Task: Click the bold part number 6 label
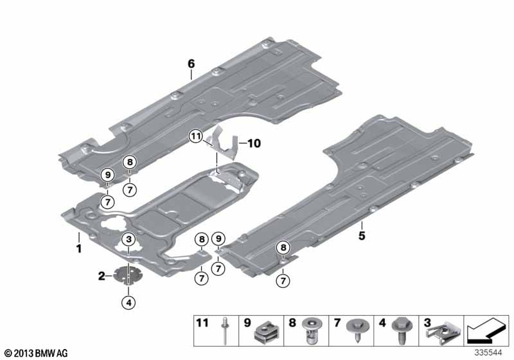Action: click(x=191, y=64)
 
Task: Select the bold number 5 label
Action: click(x=362, y=235)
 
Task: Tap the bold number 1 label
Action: click(x=78, y=248)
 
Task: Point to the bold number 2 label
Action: click(x=102, y=276)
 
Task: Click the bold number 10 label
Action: click(x=254, y=143)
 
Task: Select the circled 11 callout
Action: click(x=196, y=136)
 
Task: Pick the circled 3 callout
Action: click(x=128, y=239)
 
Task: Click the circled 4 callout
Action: click(x=128, y=303)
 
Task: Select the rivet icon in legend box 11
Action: click(x=224, y=330)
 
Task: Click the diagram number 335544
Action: click(x=488, y=352)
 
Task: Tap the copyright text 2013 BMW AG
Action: click(x=37, y=353)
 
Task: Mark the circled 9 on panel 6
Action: click(x=108, y=175)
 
